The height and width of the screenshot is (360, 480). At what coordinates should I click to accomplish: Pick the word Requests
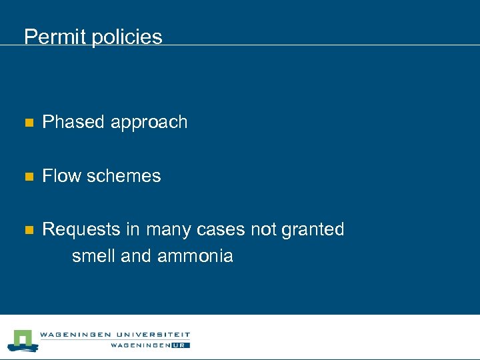click(79, 230)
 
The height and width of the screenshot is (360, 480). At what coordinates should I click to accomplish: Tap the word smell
click(93, 256)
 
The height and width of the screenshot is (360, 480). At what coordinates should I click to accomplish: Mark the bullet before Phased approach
click(28, 123)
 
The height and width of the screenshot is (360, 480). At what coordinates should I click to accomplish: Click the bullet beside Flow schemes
click(28, 177)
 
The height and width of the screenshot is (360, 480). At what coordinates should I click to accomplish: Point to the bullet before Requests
click(28, 230)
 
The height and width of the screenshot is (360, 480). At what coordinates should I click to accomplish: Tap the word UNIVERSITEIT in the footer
click(154, 335)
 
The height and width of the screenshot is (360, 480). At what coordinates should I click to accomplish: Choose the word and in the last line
click(137, 256)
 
